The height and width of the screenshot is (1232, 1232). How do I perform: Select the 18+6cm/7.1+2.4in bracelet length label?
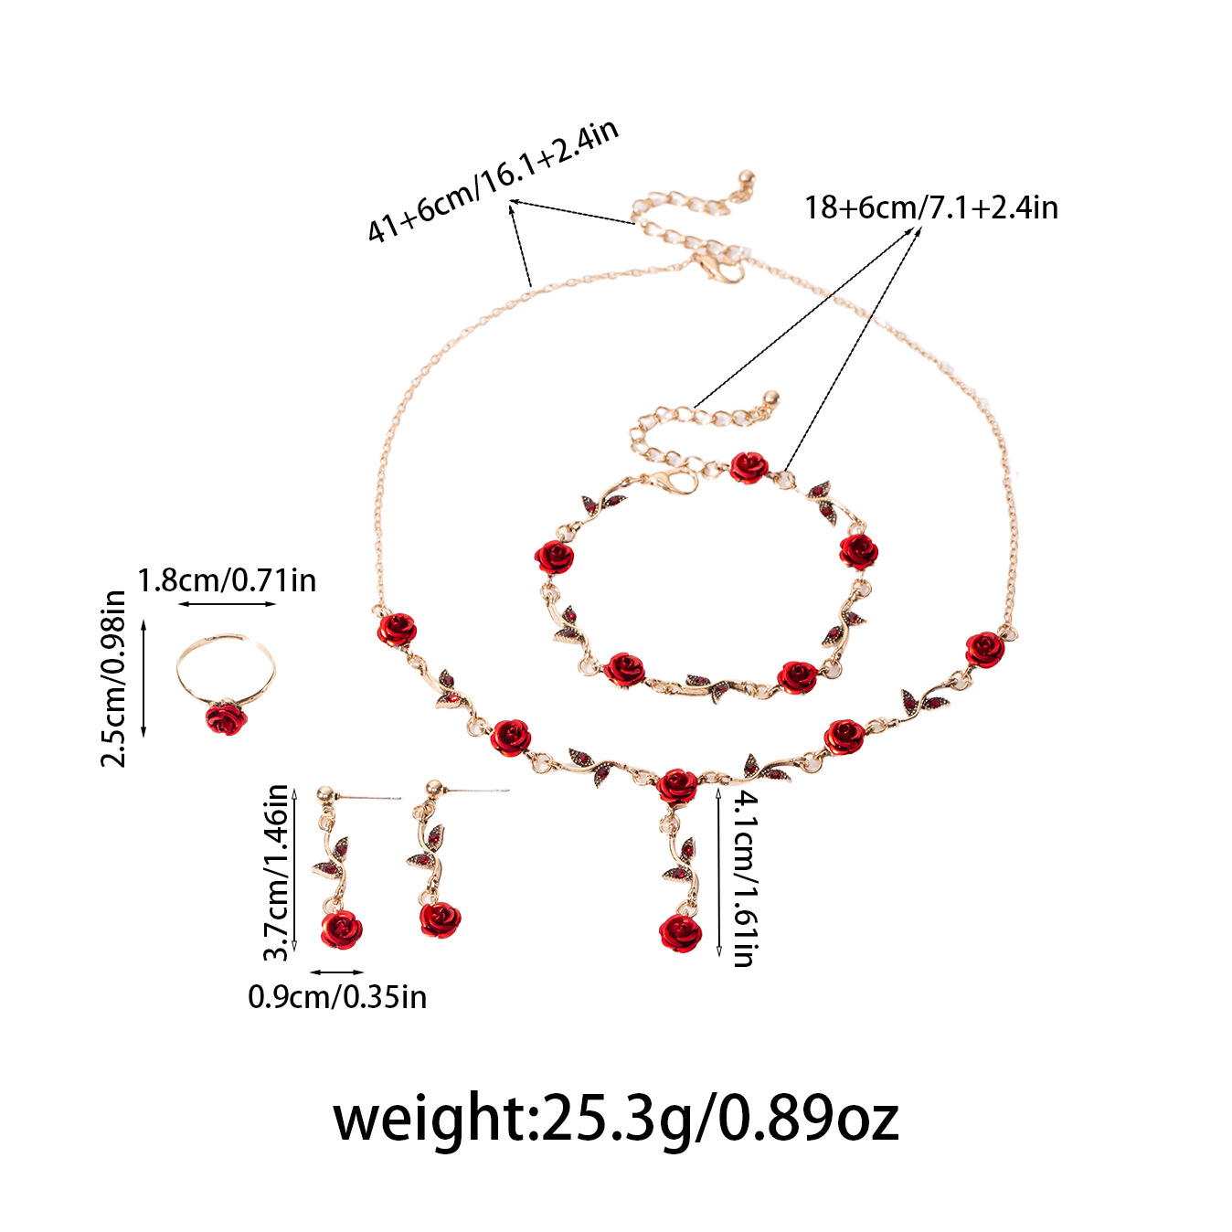(x=930, y=208)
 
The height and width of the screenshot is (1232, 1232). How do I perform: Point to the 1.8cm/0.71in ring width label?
(x=227, y=580)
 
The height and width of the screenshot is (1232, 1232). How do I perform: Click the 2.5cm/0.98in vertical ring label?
(x=113, y=678)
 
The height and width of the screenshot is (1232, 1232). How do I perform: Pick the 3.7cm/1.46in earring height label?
(x=276, y=872)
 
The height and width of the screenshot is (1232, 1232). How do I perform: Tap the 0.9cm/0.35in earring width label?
(x=337, y=997)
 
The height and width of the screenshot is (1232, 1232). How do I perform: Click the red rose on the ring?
(x=226, y=718)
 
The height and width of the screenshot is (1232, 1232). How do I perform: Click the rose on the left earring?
(x=342, y=929)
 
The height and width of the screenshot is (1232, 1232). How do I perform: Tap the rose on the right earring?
(x=440, y=919)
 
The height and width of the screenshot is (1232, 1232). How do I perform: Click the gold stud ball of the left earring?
(x=325, y=795)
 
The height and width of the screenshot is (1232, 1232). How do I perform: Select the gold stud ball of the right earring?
(x=433, y=787)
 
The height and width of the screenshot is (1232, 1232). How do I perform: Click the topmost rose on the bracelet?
(x=749, y=467)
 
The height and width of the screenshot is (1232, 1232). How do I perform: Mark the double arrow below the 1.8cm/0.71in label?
(x=227, y=604)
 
